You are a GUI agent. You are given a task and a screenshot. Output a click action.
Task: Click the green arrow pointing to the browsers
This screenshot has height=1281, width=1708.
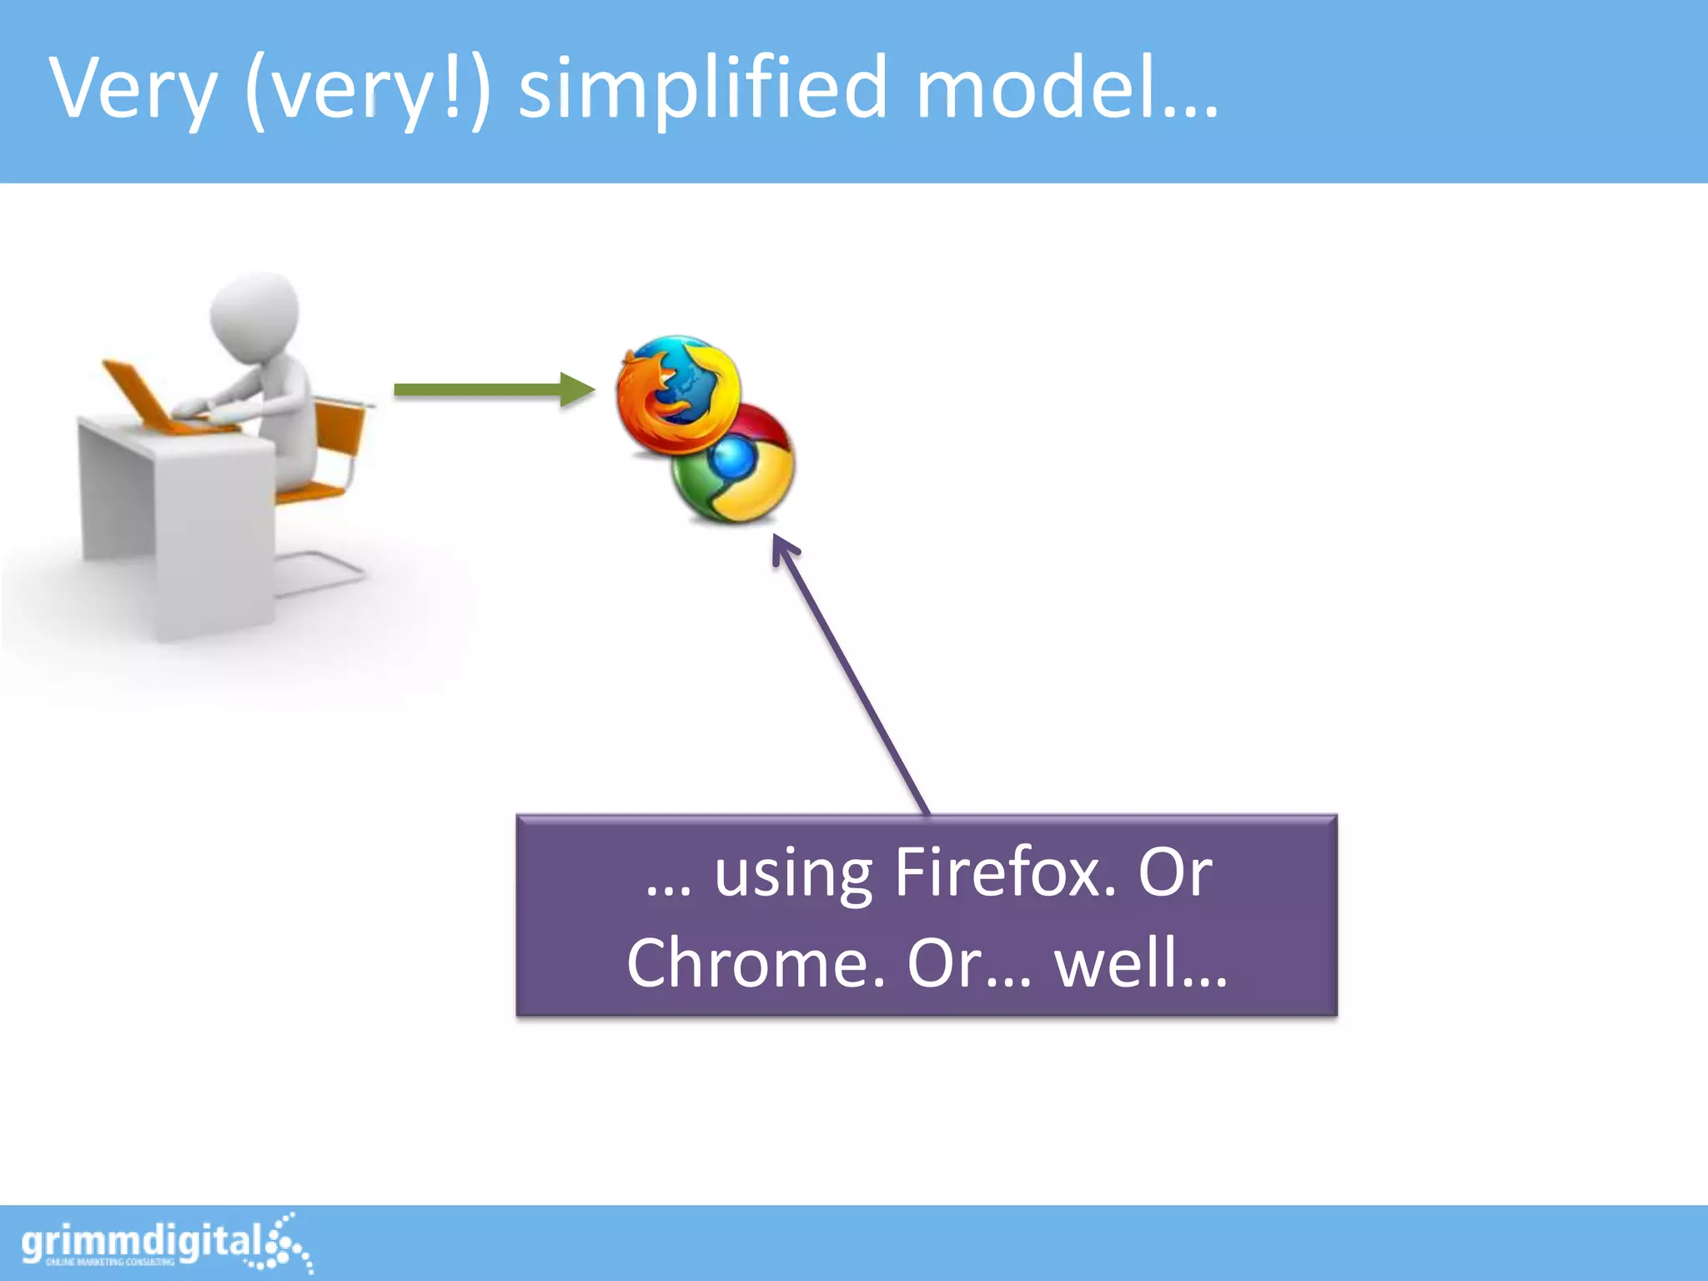click(x=492, y=389)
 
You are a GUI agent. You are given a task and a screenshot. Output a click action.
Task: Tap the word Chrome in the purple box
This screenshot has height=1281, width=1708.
click(x=755, y=962)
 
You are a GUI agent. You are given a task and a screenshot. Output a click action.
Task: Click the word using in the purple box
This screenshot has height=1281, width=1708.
click(x=792, y=874)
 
